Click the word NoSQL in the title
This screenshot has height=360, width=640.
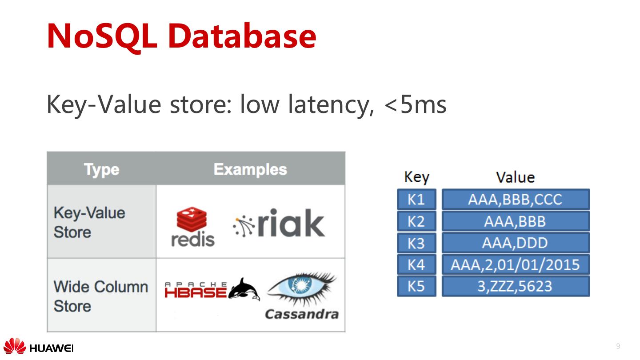[102, 36]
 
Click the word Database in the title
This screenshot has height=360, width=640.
[242, 36]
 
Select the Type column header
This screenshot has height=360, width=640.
[101, 169]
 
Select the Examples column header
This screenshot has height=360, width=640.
[250, 169]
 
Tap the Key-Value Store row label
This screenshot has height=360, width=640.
[89, 222]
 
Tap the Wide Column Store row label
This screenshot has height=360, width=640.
[100, 296]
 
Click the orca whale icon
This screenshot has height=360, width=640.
[244, 289]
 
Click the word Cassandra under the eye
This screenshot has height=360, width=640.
[302, 314]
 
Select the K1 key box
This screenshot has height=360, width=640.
[416, 200]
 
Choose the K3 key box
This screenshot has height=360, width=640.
[416, 243]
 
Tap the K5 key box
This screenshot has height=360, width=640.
[416, 286]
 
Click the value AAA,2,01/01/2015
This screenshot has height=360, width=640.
[515, 265]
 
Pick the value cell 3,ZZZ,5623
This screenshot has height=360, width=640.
[515, 286]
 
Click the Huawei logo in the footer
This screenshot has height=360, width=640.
[38, 347]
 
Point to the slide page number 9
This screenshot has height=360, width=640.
[618, 346]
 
